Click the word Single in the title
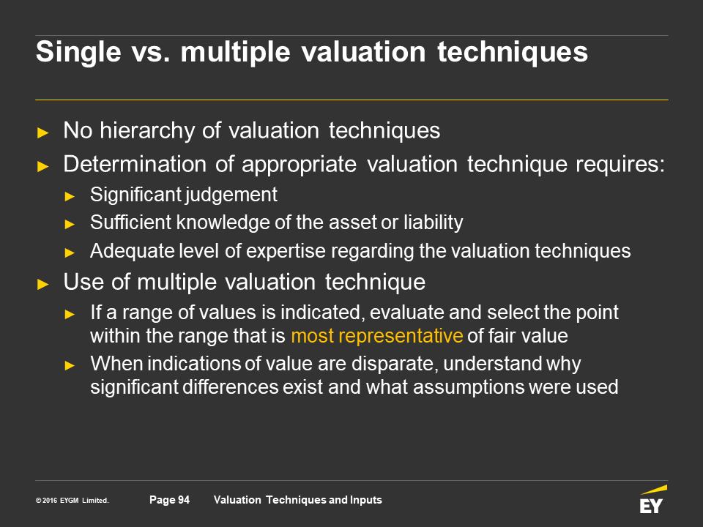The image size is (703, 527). tap(78, 53)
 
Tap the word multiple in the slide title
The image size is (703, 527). tap(235, 53)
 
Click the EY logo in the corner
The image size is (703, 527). tap(652, 499)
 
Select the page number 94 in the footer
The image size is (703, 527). tap(184, 500)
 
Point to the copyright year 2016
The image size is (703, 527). tap(50, 501)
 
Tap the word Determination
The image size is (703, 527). tap(135, 164)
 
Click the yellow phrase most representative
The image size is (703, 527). tap(377, 336)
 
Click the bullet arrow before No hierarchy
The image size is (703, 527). tap(43, 132)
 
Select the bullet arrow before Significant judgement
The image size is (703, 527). tap(70, 196)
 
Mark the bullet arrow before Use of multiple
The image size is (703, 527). tap(43, 284)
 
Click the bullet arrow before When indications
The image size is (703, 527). tap(70, 366)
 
